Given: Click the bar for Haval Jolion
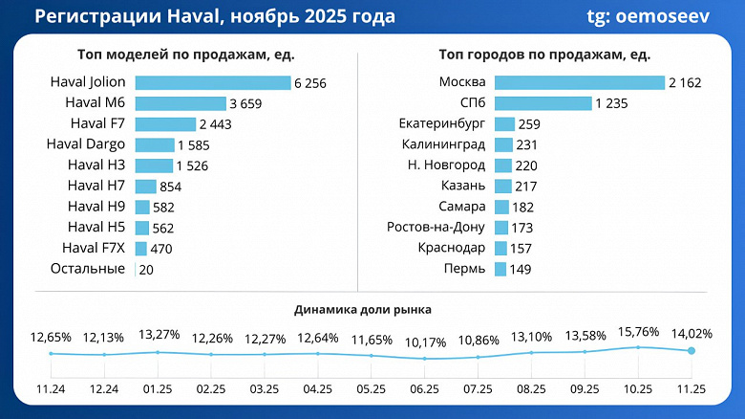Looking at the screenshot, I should coord(212,83).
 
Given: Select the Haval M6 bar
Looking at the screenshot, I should coord(180,103).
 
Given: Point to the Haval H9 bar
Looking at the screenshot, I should coord(142,207).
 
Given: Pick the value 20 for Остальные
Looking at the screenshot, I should coord(146,270).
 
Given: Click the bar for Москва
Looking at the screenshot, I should coord(579,83).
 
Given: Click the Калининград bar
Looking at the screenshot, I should coord(503,144).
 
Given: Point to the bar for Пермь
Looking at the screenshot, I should coord(500,270).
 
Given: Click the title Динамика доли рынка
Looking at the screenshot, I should coord(362,310).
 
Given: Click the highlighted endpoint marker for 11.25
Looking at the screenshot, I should coord(692,351).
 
